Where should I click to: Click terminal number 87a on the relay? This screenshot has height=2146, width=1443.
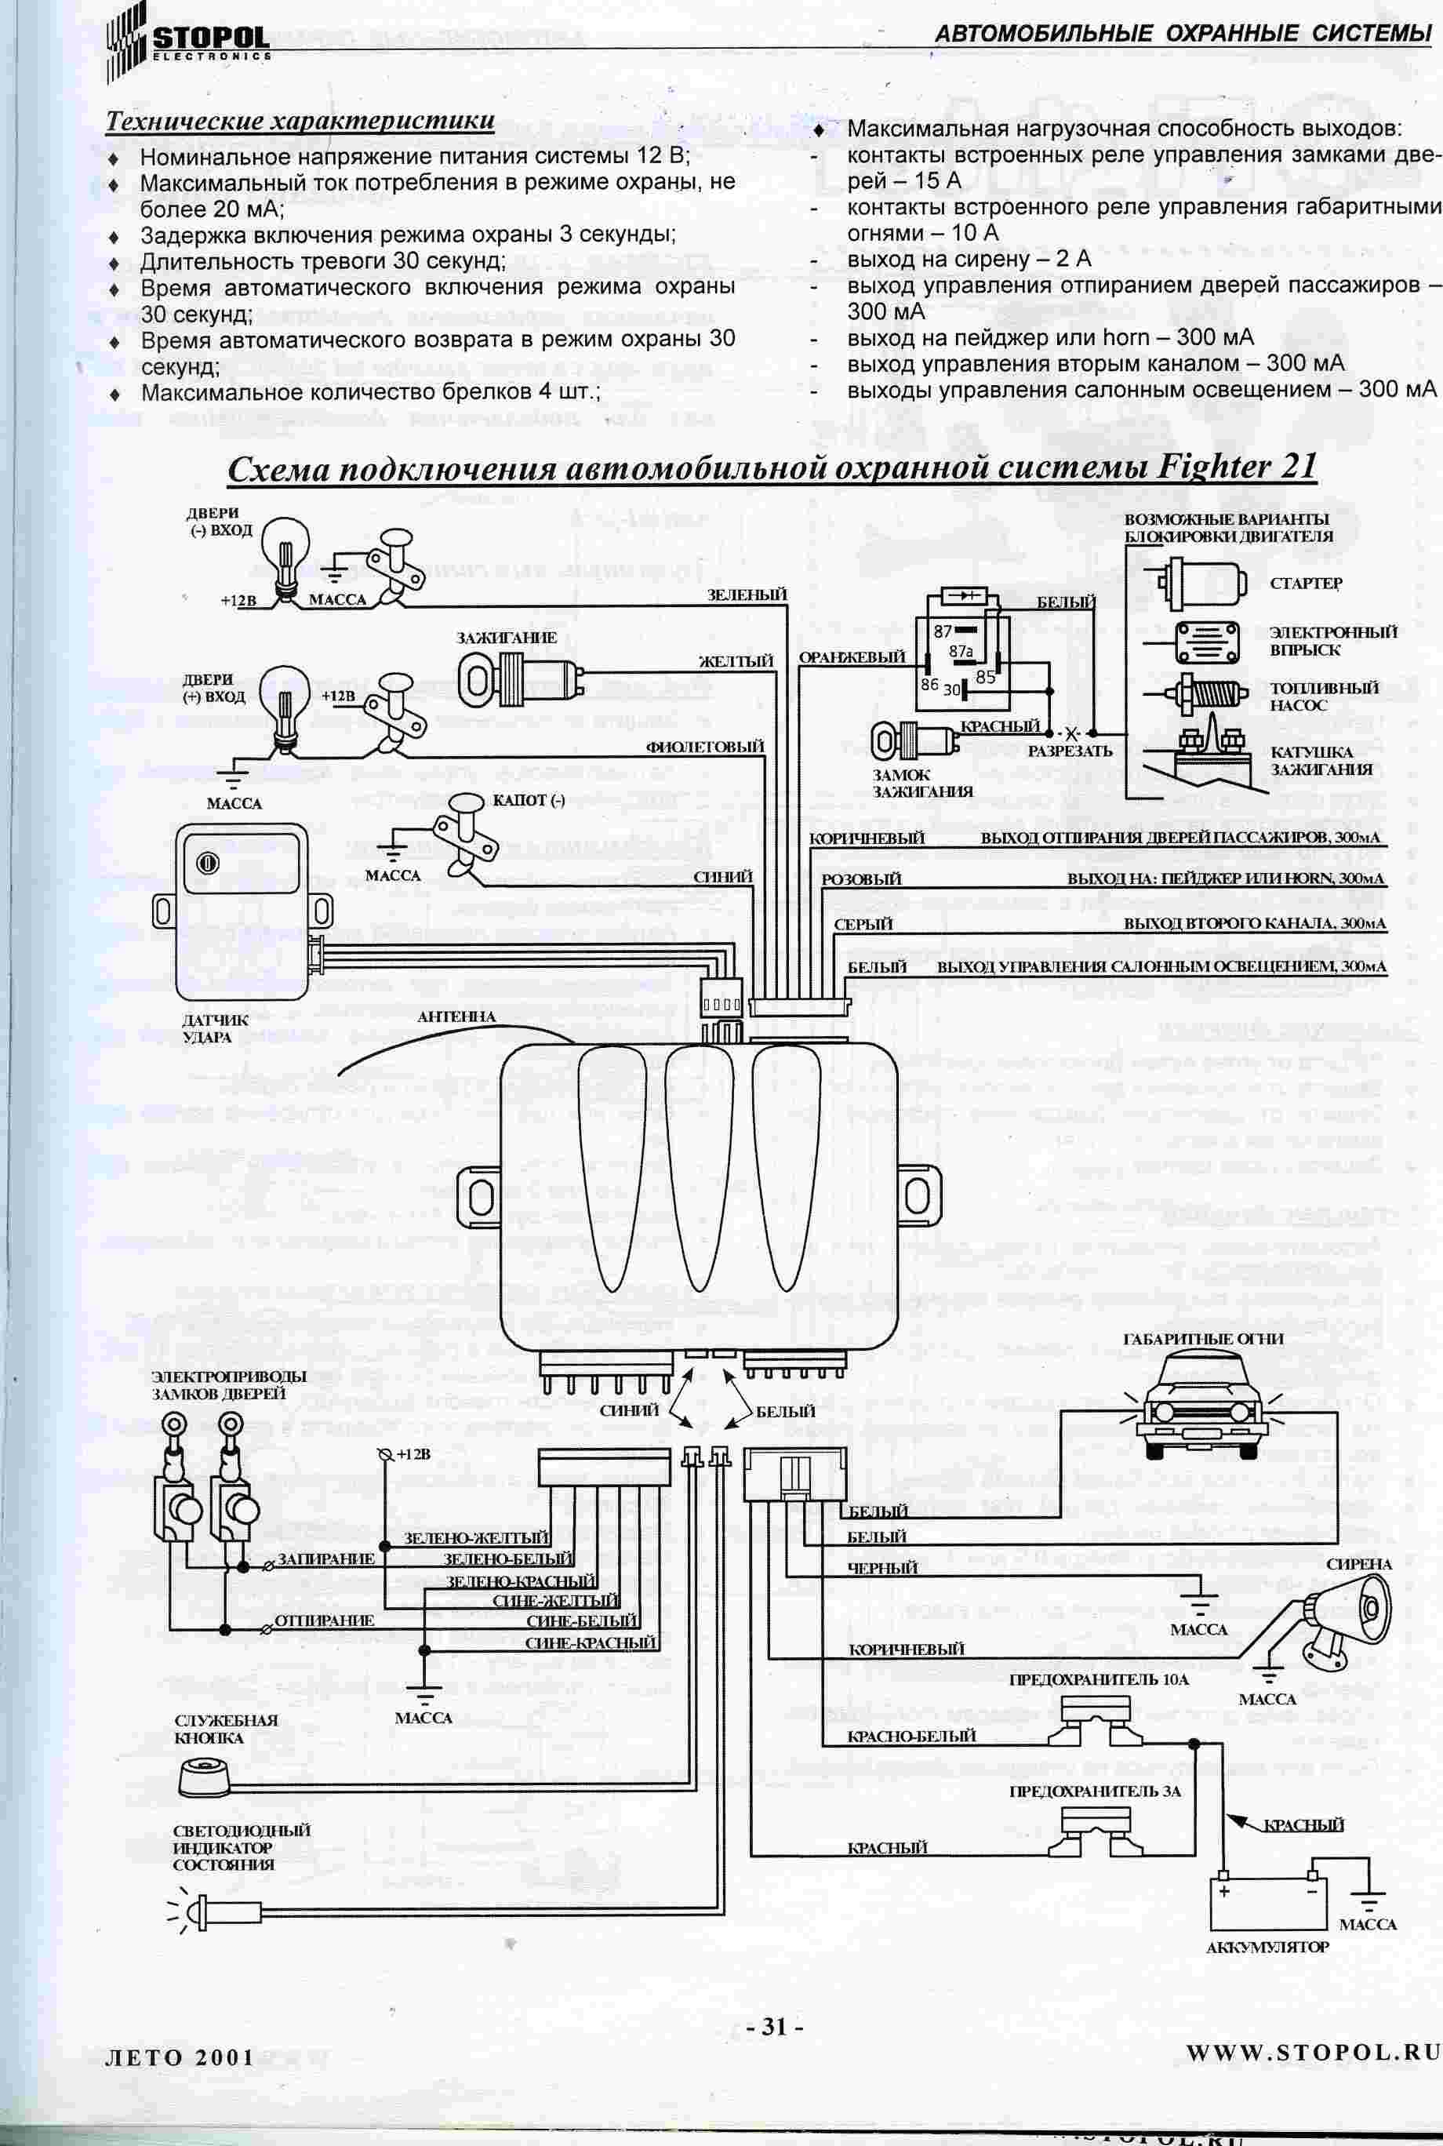click(x=961, y=650)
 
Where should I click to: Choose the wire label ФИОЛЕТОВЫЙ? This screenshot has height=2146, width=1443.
click(x=705, y=746)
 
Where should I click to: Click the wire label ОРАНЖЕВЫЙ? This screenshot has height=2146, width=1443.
click(x=851, y=658)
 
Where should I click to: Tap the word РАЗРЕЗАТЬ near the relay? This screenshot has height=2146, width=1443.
click(x=1070, y=751)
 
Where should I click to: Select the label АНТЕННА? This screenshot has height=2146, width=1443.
click(x=456, y=1017)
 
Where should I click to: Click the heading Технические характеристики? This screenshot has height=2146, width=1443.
click(x=300, y=121)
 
